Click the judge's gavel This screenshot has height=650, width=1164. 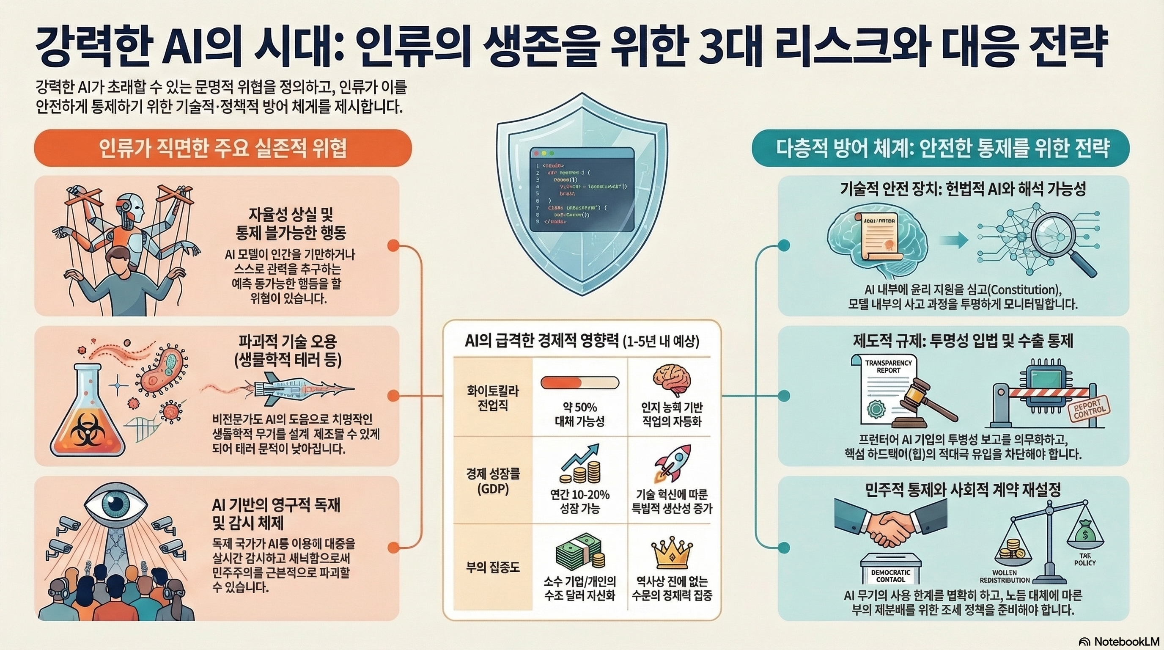tap(921, 403)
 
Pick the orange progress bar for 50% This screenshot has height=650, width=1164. tap(579, 383)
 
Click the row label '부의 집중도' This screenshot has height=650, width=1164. tap(492, 567)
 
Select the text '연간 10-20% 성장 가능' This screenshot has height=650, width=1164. tap(579, 501)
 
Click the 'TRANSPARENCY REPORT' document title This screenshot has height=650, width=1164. tap(888, 366)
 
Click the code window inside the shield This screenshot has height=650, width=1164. tap(582, 190)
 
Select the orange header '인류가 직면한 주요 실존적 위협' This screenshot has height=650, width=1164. tap(223, 148)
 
